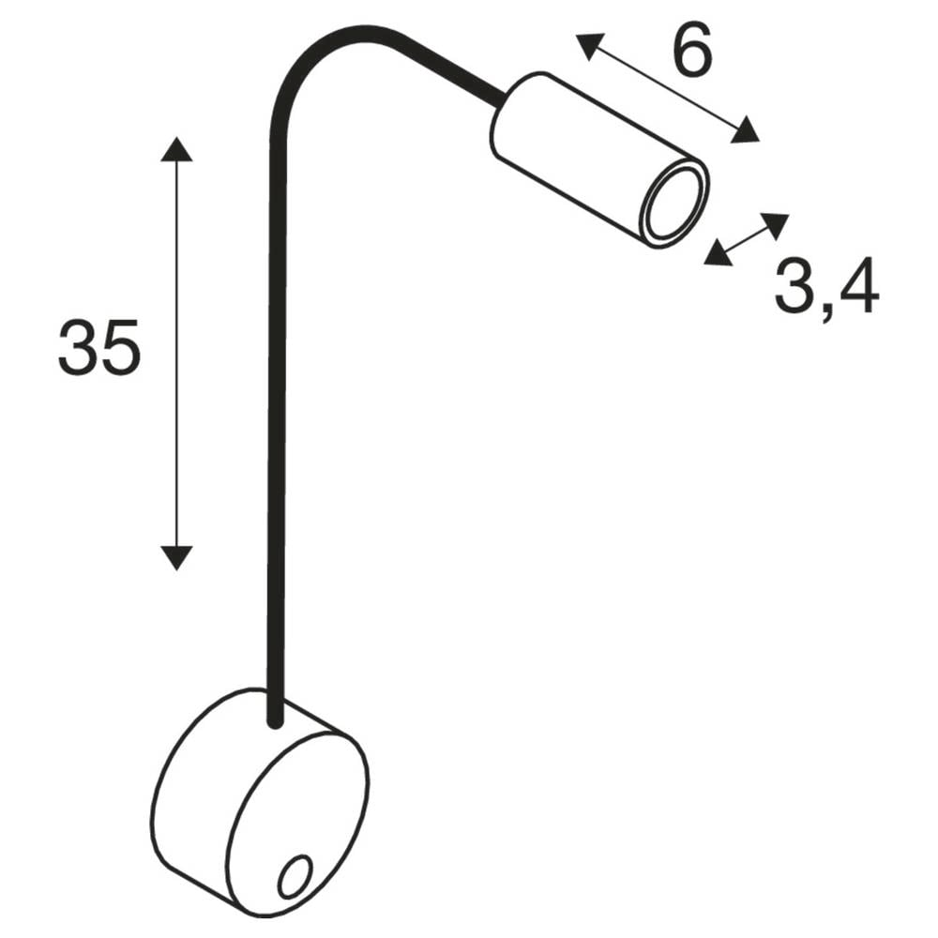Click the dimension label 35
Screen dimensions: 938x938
pyautogui.click(x=99, y=346)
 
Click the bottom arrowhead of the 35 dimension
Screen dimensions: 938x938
pyautogui.click(x=176, y=557)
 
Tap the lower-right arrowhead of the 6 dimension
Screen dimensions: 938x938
pyautogui.click(x=745, y=131)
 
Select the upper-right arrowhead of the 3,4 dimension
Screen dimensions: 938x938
pyautogui.click(x=775, y=224)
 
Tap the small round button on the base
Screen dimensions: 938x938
pyautogui.click(x=295, y=876)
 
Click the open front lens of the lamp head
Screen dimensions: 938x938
pyautogui.click(x=672, y=204)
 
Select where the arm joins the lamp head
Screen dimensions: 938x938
pyautogui.click(x=501, y=95)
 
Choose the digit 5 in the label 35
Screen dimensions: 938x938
pyautogui.click(x=119, y=346)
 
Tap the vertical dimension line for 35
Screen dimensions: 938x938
pyautogui.click(x=176, y=356)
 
